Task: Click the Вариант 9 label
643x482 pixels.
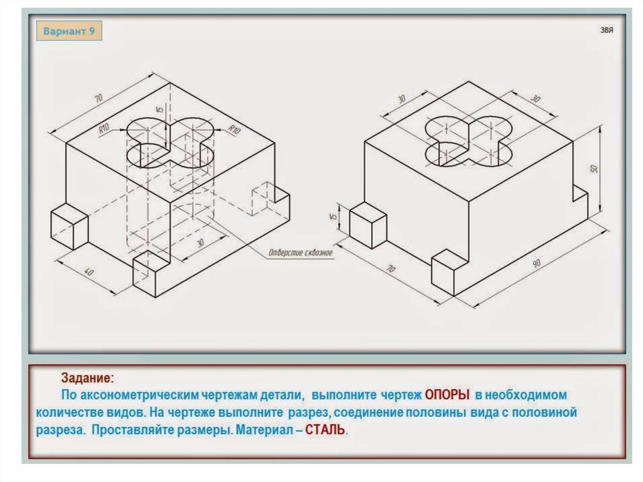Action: point(69,31)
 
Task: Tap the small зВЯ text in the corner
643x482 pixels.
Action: point(606,30)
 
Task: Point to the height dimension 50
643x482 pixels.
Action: point(593,169)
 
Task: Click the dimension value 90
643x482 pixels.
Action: point(536,265)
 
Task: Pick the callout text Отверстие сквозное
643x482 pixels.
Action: point(300,253)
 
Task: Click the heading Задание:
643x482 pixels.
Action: point(87,378)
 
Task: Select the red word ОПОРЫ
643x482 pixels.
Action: point(447,395)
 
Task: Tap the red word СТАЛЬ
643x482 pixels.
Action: point(325,432)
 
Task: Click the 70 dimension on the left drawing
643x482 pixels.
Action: point(99,97)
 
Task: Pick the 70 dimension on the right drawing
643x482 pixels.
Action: point(391,269)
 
